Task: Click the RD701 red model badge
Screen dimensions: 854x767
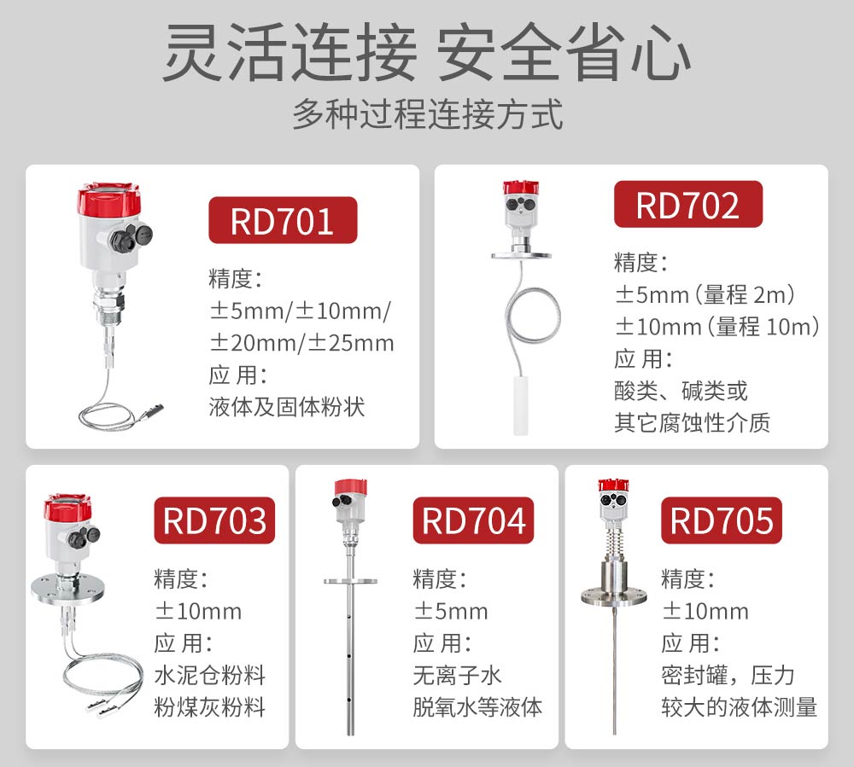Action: tap(283, 220)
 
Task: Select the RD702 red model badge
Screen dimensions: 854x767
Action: tap(687, 204)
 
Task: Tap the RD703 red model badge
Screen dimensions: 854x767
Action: tap(214, 520)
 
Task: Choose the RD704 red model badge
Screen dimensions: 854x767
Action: tap(473, 520)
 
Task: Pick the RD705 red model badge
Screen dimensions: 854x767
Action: tap(721, 520)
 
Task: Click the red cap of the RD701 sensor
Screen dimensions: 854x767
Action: tap(108, 200)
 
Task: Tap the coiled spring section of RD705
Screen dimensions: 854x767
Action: tap(614, 542)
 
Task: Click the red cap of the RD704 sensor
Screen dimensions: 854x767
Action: tap(350, 488)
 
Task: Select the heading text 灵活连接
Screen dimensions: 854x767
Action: tap(290, 53)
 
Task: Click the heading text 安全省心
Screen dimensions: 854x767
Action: tap(564, 53)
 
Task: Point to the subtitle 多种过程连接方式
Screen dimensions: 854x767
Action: tap(428, 115)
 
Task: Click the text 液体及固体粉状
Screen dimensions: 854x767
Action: tap(286, 407)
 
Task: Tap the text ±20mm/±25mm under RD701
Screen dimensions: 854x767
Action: tap(301, 343)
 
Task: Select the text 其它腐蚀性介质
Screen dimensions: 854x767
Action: tap(693, 422)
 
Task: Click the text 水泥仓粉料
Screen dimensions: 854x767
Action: tap(210, 676)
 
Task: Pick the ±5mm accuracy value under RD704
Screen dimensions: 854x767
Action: tap(450, 612)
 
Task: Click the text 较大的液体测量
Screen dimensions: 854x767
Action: tap(739, 708)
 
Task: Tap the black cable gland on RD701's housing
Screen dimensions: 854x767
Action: tap(120, 238)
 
